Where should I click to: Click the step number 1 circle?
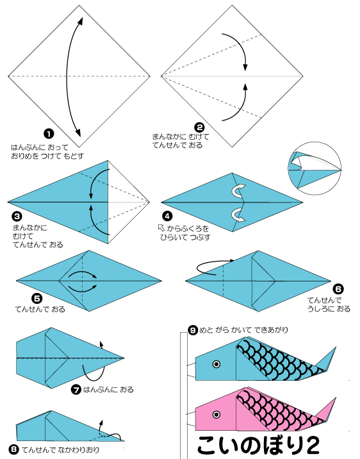point(49,134)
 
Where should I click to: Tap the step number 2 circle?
point(199,128)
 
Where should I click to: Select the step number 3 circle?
point(17,216)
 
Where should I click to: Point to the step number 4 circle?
point(167,216)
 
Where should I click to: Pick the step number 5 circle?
point(37,299)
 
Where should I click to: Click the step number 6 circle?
point(338,289)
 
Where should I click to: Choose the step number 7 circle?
point(76,390)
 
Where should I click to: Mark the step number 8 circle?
point(13,449)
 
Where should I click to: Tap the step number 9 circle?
point(193,330)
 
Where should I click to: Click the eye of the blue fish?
point(217,364)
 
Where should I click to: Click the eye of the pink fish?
point(217,415)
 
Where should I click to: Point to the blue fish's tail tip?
point(336,347)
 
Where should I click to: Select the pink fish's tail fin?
point(327,412)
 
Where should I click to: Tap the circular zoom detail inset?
point(315,169)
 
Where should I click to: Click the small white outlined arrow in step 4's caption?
point(161,228)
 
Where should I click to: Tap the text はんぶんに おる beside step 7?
point(108,390)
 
